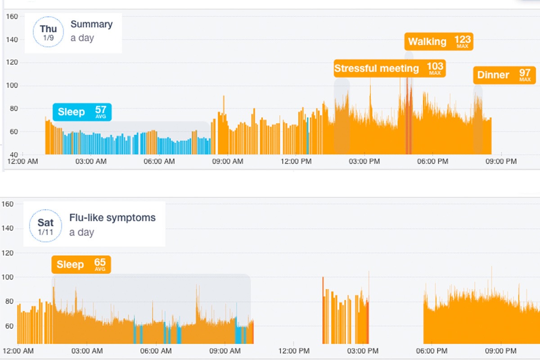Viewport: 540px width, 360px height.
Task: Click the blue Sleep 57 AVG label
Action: click(81, 112)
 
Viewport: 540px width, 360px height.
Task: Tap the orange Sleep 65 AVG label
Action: click(81, 265)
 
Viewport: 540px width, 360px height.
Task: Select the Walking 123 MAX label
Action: click(438, 42)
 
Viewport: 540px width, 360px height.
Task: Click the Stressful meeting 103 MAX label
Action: click(389, 68)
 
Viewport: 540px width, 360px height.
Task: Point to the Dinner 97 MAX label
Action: click(504, 75)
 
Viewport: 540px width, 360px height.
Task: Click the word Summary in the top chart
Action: click(91, 24)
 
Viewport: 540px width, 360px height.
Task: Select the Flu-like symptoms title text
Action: click(112, 218)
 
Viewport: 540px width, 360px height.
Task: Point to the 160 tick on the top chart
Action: click(12, 17)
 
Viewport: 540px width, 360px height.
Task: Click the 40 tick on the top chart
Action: click(13, 154)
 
